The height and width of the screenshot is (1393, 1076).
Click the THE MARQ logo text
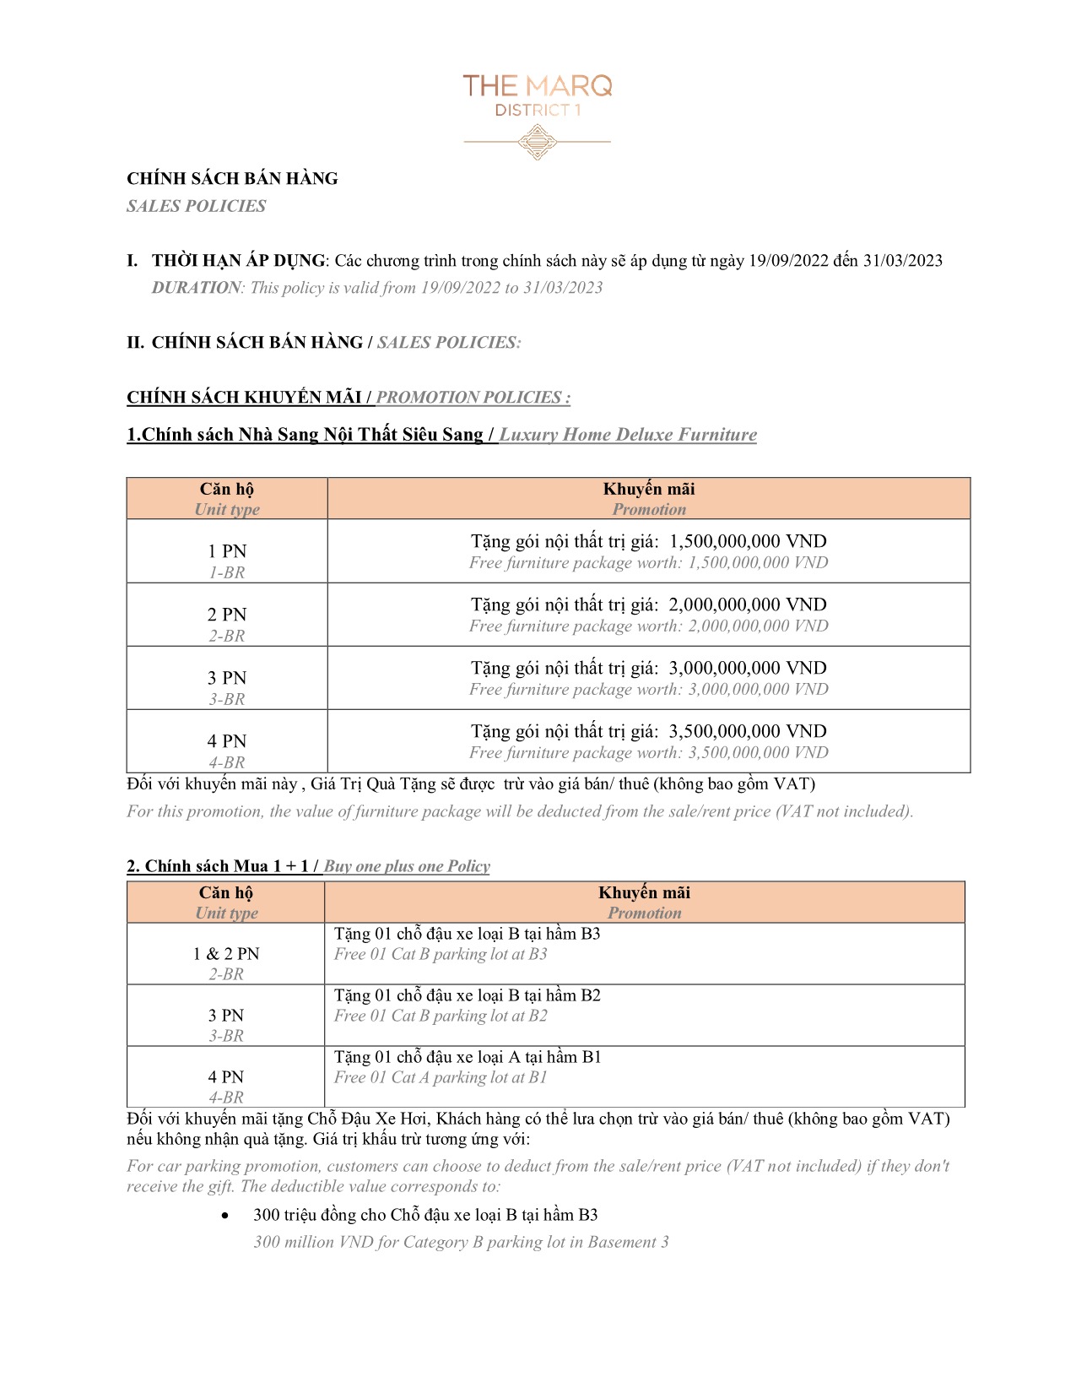(x=537, y=85)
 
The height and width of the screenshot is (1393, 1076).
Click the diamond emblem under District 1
(x=537, y=142)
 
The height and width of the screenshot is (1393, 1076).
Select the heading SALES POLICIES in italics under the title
(x=196, y=206)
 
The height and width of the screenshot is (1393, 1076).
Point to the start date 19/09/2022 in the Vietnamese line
(x=788, y=261)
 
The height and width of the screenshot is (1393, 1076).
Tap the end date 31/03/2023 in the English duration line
(x=563, y=288)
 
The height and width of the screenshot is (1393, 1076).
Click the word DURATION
(x=196, y=288)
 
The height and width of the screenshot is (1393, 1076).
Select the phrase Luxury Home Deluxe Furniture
(x=628, y=435)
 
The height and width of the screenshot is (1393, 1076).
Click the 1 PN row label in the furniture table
(x=227, y=551)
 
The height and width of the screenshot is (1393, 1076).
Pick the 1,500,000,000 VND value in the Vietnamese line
(x=748, y=541)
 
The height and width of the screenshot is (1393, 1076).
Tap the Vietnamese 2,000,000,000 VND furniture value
(x=748, y=604)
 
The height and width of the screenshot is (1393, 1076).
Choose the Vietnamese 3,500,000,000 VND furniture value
(x=748, y=731)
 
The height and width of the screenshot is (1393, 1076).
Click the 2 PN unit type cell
(x=227, y=615)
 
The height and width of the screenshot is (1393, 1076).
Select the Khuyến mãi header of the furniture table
(x=649, y=490)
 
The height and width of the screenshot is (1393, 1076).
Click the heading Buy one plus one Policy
(x=407, y=866)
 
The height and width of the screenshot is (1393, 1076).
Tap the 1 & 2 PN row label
(x=226, y=954)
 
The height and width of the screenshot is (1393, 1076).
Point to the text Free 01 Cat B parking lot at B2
(x=441, y=1016)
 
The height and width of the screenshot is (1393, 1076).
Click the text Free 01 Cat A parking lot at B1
(x=441, y=1077)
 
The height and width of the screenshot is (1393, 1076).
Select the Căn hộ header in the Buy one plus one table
(x=226, y=893)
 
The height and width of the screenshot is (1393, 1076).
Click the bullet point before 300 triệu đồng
(x=224, y=1216)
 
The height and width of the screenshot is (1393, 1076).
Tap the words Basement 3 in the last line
(x=628, y=1242)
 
